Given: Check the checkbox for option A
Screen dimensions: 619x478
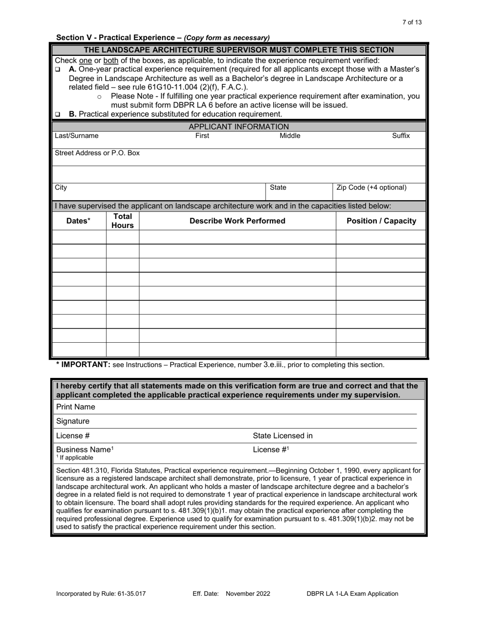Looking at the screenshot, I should coord(57,69).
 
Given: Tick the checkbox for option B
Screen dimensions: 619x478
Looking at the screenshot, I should coord(57,114).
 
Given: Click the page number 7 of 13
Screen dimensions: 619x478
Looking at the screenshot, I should coord(412,22).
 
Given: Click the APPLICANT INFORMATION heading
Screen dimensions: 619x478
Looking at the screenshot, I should coord(238,127).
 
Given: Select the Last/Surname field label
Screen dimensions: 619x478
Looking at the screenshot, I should coord(76,136).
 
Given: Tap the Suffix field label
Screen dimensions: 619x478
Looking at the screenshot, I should coord(401,136).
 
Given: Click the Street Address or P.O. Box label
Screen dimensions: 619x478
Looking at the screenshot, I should coord(97,152).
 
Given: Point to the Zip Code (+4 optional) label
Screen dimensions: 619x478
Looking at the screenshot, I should coord(371,188).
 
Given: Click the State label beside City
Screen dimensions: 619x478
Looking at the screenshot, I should coord(278,188).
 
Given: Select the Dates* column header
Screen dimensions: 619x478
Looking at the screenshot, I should coord(78,221).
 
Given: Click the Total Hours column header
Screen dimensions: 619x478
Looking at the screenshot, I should coord(122,221).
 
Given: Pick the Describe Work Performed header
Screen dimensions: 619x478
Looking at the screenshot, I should coord(237,221).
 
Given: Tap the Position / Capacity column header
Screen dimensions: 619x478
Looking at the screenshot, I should coord(381,221).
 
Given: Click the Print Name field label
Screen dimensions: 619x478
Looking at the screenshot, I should coord(75,407).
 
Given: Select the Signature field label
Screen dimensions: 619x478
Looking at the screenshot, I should coord(73,421).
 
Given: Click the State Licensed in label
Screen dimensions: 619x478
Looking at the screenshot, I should coord(282,436).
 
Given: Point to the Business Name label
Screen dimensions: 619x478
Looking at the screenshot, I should coord(85,449).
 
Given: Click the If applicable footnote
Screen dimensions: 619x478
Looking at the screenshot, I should coord(76,458).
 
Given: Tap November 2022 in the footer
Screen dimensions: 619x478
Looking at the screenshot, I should coord(248,594).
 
